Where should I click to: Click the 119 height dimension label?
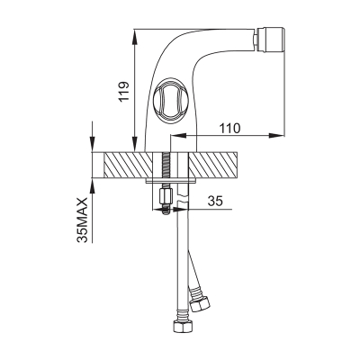(x=124, y=91)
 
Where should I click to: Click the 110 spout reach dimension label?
(x=230, y=129)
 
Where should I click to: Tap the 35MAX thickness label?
(x=82, y=220)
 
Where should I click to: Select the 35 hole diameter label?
(x=215, y=201)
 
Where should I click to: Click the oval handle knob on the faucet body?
(x=168, y=99)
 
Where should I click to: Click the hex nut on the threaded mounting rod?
(x=166, y=196)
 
